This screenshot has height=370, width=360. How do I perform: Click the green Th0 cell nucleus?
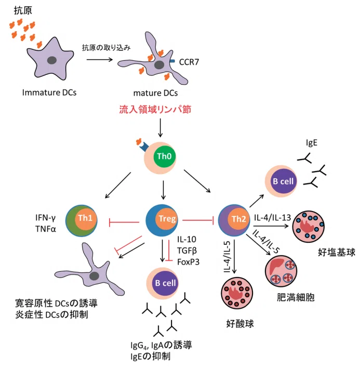pyautogui.click(x=165, y=156)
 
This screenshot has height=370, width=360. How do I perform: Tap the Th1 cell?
pyautogui.click(x=82, y=221)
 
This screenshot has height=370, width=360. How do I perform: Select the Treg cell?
pyautogui.click(x=162, y=220)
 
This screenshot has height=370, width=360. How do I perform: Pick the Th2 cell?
pyautogui.click(x=234, y=220)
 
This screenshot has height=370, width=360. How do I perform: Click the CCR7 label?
pyautogui.click(x=189, y=62)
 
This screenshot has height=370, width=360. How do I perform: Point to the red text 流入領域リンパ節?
pyautogui.click(x=155, y=109)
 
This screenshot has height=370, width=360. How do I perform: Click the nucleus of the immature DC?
pyautogui.click(x=51, y=60)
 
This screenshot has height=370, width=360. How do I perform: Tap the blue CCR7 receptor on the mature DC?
pyautogui.click(x=172, y=61)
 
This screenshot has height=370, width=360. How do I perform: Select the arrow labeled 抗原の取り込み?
pyautogui.click(x=100, y=59)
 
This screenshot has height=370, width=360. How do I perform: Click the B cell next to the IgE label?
pyautogui.click(x=281, y=181)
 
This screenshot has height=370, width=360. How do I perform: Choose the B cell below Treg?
pyautogui.click(x=163, y=283)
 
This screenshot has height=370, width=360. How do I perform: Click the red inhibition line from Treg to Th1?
pyautogui.click(x=124, y=222)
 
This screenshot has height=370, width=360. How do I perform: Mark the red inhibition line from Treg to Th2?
pyautogui.click(x=198, y=220)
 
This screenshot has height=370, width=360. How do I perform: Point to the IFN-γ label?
pyautogui.click(x=46, y=218)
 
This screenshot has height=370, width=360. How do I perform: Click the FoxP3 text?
pyautogui.click(x=188, y=262)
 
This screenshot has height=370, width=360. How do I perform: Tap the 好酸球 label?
pyautogui.click(x=240, y=324)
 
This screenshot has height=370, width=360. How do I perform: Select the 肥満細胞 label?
pyautogui.click(x=296, y=297)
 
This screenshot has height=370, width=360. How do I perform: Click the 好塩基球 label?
pyautogui.click(x=337, y=252)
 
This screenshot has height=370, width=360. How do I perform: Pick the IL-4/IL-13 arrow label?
pyautogui.click(x=273, y=217)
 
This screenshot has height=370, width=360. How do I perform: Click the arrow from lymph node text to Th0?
pyautogui.click(x=161, y=128)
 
